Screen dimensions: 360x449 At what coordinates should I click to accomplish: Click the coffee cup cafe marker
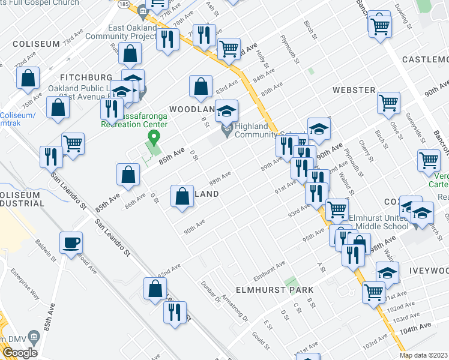(x=71, y=243)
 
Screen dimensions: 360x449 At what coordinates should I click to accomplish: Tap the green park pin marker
(x=153, y=139)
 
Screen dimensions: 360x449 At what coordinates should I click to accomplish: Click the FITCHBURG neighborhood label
(x=86, y=77)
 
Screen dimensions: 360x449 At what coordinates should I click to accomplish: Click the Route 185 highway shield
(x=123, y=4)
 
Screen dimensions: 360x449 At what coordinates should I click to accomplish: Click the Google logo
(x=20, y=353)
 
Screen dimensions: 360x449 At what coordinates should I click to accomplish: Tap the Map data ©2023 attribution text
(x=423, y=355)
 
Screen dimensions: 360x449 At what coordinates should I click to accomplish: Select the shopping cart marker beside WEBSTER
(x=388, y=103)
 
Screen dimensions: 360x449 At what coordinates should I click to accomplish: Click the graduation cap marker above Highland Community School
(x=226, y=111)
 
